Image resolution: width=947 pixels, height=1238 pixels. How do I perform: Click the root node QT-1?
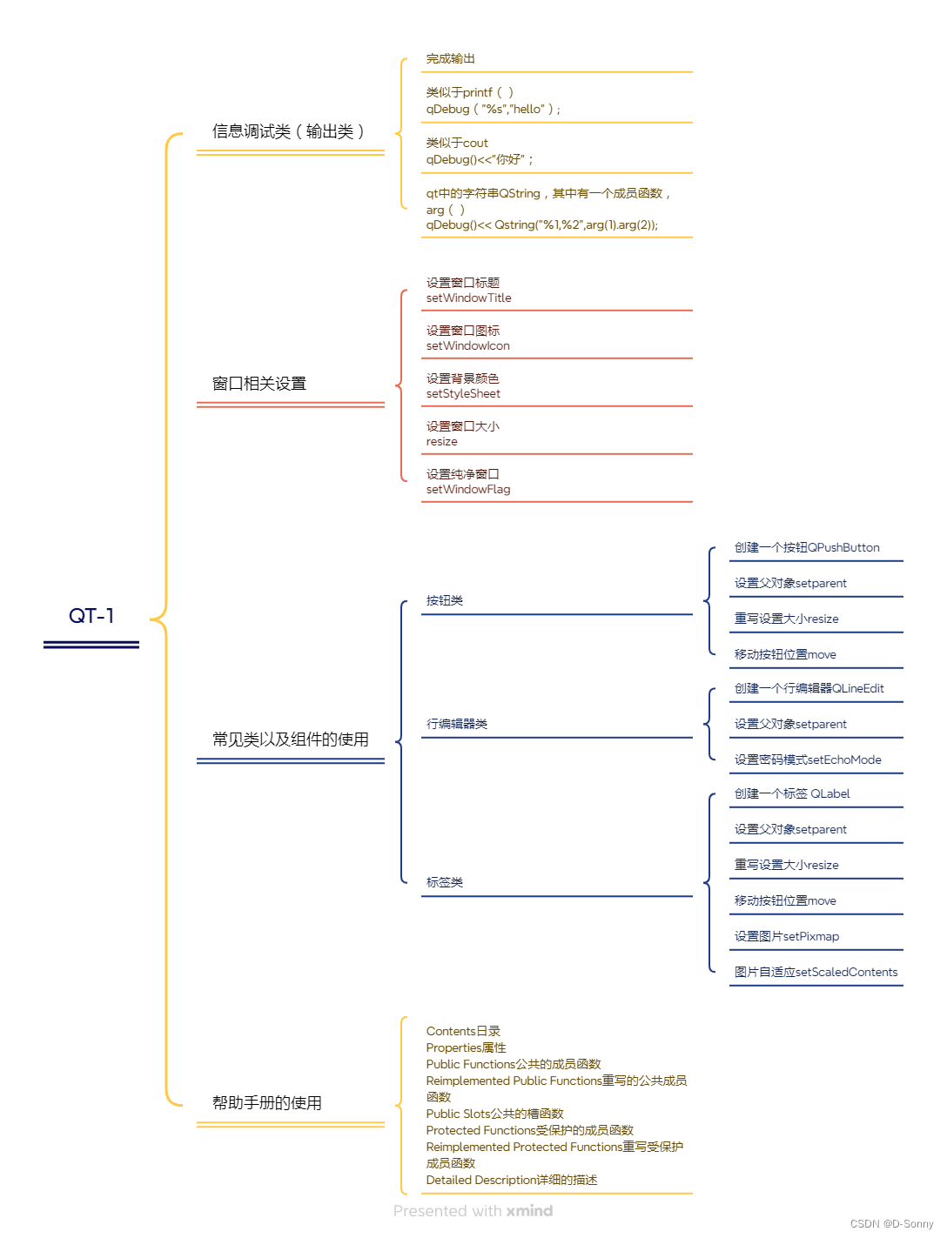click(91, 616)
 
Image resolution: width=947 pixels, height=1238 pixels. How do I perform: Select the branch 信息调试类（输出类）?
click(288, 131)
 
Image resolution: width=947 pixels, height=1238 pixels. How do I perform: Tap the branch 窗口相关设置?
click(259, 384)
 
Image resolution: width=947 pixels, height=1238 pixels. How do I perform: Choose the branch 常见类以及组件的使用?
click(291, 739)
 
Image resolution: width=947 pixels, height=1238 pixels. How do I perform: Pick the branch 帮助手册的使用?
click(267, 1103)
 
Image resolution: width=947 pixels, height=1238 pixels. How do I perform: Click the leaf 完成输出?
click(451, 59)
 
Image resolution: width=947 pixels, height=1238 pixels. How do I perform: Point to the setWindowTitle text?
click(468, 298)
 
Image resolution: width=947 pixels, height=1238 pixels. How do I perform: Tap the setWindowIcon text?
click(467, 346)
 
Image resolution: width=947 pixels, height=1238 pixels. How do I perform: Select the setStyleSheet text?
click(463, 394)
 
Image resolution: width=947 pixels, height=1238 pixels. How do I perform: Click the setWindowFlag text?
click(468, 490)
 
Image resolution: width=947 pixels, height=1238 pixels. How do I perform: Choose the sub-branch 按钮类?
click(445, 601)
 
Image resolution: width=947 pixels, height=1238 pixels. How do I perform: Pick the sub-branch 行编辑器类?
click(457, 724)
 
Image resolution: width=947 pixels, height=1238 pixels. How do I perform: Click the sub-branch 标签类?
click(445, 882)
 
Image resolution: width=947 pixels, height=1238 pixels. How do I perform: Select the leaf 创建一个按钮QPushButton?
click(807, 548)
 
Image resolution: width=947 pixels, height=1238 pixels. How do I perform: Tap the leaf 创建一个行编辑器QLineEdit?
click(809, 689)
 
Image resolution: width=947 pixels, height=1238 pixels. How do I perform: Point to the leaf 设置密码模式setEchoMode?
click(808, 760)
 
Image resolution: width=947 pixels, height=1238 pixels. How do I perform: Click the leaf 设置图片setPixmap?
click(787, 937)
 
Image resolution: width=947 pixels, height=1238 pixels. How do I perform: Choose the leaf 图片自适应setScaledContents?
click(816, 973)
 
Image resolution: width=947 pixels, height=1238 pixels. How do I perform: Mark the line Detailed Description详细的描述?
click(512, 1181)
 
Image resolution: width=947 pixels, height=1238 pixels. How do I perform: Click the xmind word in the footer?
click(529, 1211)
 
